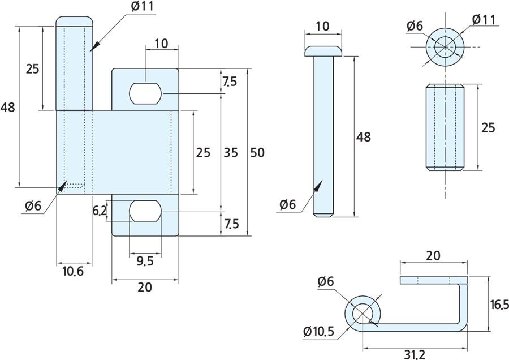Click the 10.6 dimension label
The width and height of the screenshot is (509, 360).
(72, 272)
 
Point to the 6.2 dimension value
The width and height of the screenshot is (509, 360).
(100, 211)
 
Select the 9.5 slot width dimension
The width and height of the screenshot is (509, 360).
(146, 262)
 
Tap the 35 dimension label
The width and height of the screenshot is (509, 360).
(230, 152)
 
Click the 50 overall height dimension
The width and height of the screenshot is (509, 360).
(257, 152)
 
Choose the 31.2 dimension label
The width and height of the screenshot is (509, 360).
(415, 354)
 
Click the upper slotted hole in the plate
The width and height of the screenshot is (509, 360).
(146, 93)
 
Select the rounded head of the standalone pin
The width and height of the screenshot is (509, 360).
(323, 51)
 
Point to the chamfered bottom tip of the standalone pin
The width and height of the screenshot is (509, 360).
(323, 215)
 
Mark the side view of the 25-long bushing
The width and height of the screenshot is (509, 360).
(445, 127)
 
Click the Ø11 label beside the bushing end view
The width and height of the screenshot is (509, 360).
(484, 20)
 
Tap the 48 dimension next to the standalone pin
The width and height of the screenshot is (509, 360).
(363, 136)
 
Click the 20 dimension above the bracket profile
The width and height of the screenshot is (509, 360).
(433, 255)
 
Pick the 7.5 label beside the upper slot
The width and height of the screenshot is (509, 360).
(230, 82)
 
